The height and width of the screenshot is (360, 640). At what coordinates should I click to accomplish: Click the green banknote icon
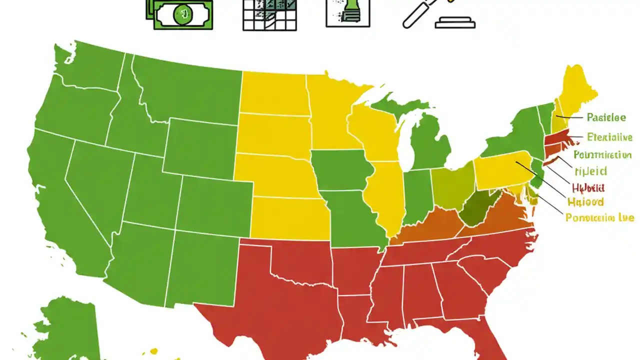[x=179, y=14]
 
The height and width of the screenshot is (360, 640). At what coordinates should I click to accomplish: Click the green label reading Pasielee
[x=606, y=118]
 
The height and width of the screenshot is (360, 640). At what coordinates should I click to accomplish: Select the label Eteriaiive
[x=609, y=137]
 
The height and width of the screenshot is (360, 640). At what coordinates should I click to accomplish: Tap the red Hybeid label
[x=587, y=188]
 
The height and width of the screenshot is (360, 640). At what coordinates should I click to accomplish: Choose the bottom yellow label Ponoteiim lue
[x=599, y=217]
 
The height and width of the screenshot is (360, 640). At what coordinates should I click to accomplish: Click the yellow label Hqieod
[x=585, y=202]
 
